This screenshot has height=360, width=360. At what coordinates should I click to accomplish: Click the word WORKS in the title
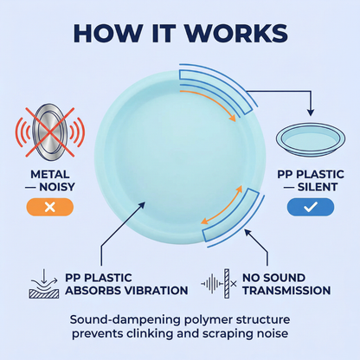coord(236,33)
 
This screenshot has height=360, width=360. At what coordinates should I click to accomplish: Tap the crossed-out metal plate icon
coord(50,132)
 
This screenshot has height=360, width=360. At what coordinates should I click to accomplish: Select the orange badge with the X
coord(50,207)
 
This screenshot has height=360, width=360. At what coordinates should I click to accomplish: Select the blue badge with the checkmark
coord(311,207)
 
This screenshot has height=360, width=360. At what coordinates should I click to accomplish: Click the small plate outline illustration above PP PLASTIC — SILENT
coord(311,138)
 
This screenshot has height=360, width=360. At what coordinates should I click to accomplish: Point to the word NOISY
coord(57,187)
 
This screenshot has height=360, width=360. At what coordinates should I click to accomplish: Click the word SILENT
coord(318,187)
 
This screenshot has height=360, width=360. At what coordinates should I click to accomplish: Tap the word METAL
coord(50,174)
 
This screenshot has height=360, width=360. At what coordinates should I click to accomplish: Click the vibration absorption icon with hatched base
coord(44,284)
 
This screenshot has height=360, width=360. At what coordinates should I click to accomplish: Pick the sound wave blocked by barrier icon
coord(219,284)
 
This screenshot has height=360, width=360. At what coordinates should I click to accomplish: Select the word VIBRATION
coord(156,290)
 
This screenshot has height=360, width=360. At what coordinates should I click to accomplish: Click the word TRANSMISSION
coord(286,290)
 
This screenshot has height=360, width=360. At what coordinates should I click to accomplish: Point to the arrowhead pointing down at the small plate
coord(311,112)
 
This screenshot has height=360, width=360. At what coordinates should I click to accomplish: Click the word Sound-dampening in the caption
coord(125,320)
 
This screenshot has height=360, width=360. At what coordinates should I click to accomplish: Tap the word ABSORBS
coord(93,290)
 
